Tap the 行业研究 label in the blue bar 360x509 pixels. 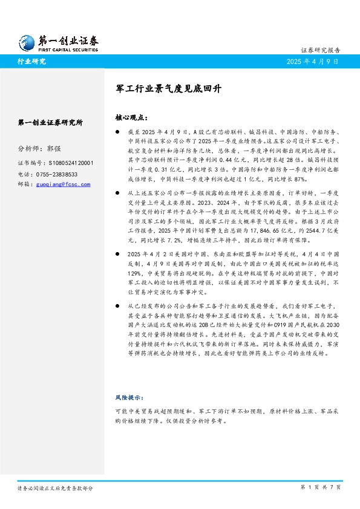[x=31, y=61]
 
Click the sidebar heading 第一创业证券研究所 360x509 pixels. [x=51, y=122]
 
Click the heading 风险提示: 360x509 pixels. [x=128, y=397]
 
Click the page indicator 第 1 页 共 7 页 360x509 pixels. [x=321, y=487]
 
